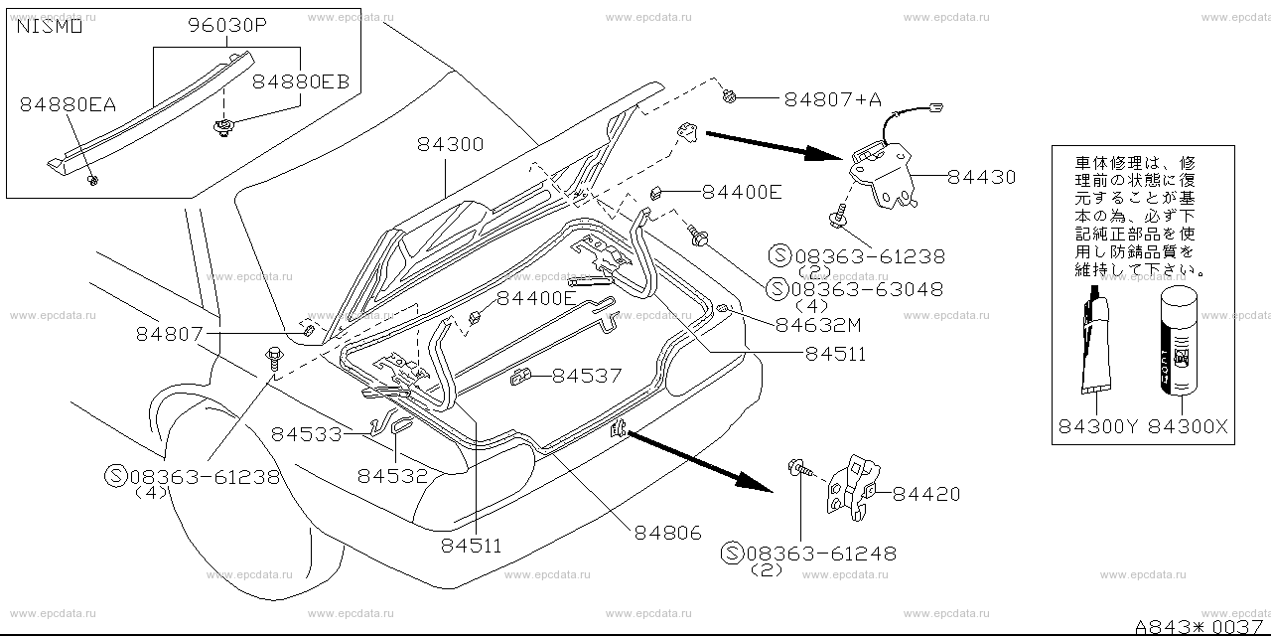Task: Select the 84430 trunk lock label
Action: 981,178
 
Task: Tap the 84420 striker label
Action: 925,494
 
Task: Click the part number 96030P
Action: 226,28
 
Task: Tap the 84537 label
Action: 587,376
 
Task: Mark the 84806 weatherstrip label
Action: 669,533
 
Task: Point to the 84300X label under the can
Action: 1189,428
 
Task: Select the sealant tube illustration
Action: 1099,343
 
